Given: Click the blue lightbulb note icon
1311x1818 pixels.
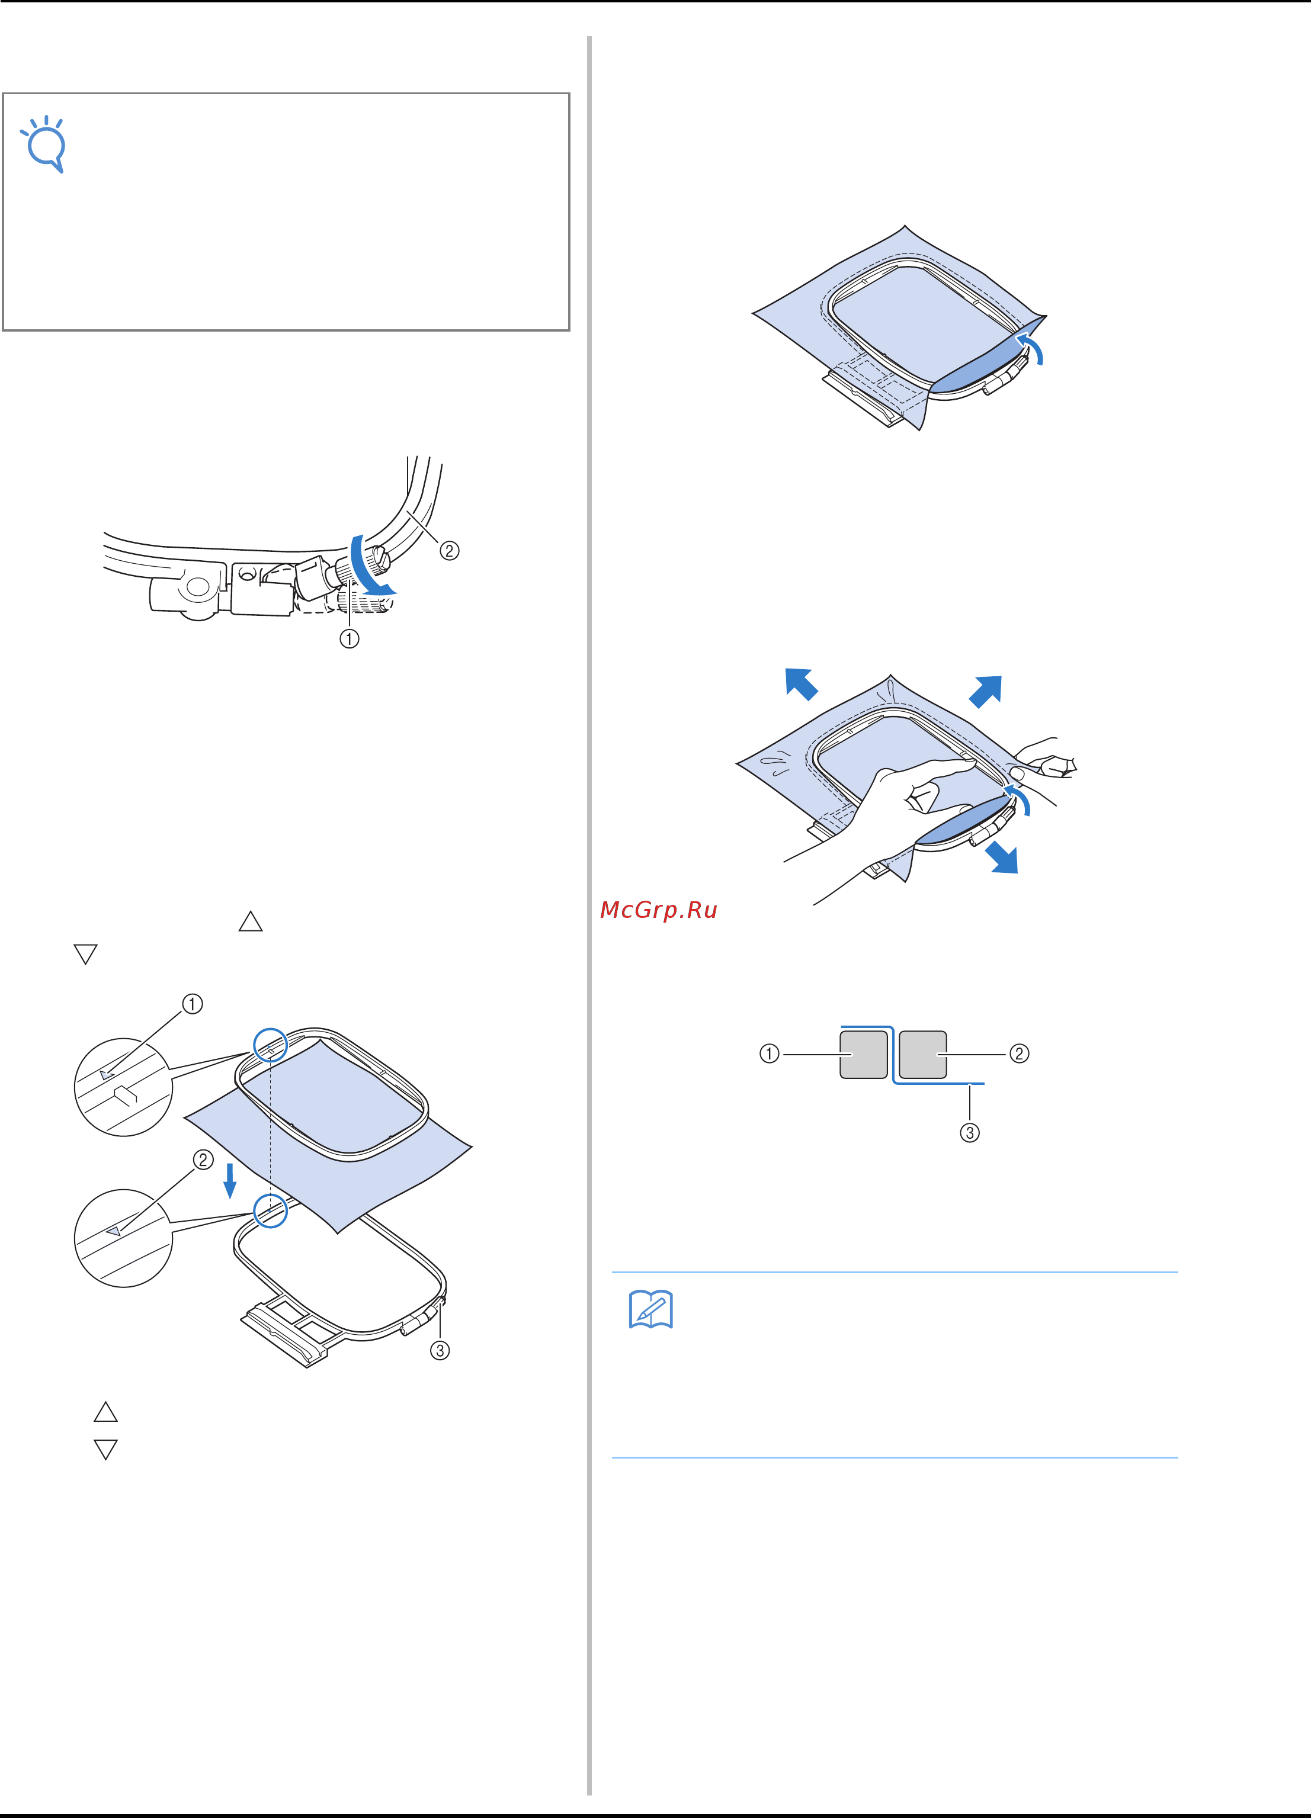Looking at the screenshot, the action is click(46, 144).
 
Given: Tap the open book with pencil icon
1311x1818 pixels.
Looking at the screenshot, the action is click(650, 1310).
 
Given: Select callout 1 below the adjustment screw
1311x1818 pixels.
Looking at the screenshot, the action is click(349, 639).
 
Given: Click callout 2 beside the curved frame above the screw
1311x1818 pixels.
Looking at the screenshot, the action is click(449, 551).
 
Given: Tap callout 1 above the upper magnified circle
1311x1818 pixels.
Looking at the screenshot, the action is click(193, 1004).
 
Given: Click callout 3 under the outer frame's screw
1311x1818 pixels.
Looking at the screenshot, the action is click(440, 1351).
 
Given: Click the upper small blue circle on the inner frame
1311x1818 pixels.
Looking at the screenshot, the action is click(270, 1045).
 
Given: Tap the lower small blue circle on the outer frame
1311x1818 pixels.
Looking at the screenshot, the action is click(270, 1210).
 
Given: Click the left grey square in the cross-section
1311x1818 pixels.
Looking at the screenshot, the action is click(864, 1054).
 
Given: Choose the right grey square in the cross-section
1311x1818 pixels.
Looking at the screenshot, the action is click(923, 1054).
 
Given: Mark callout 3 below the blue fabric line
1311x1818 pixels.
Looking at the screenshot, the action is click(969, 1133).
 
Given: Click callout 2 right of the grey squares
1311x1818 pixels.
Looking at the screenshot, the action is click(1018, 1053).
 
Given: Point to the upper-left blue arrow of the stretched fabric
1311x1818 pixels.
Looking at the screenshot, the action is click(801, 684).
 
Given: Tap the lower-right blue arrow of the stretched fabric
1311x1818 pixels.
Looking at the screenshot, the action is click(1002, 857).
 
